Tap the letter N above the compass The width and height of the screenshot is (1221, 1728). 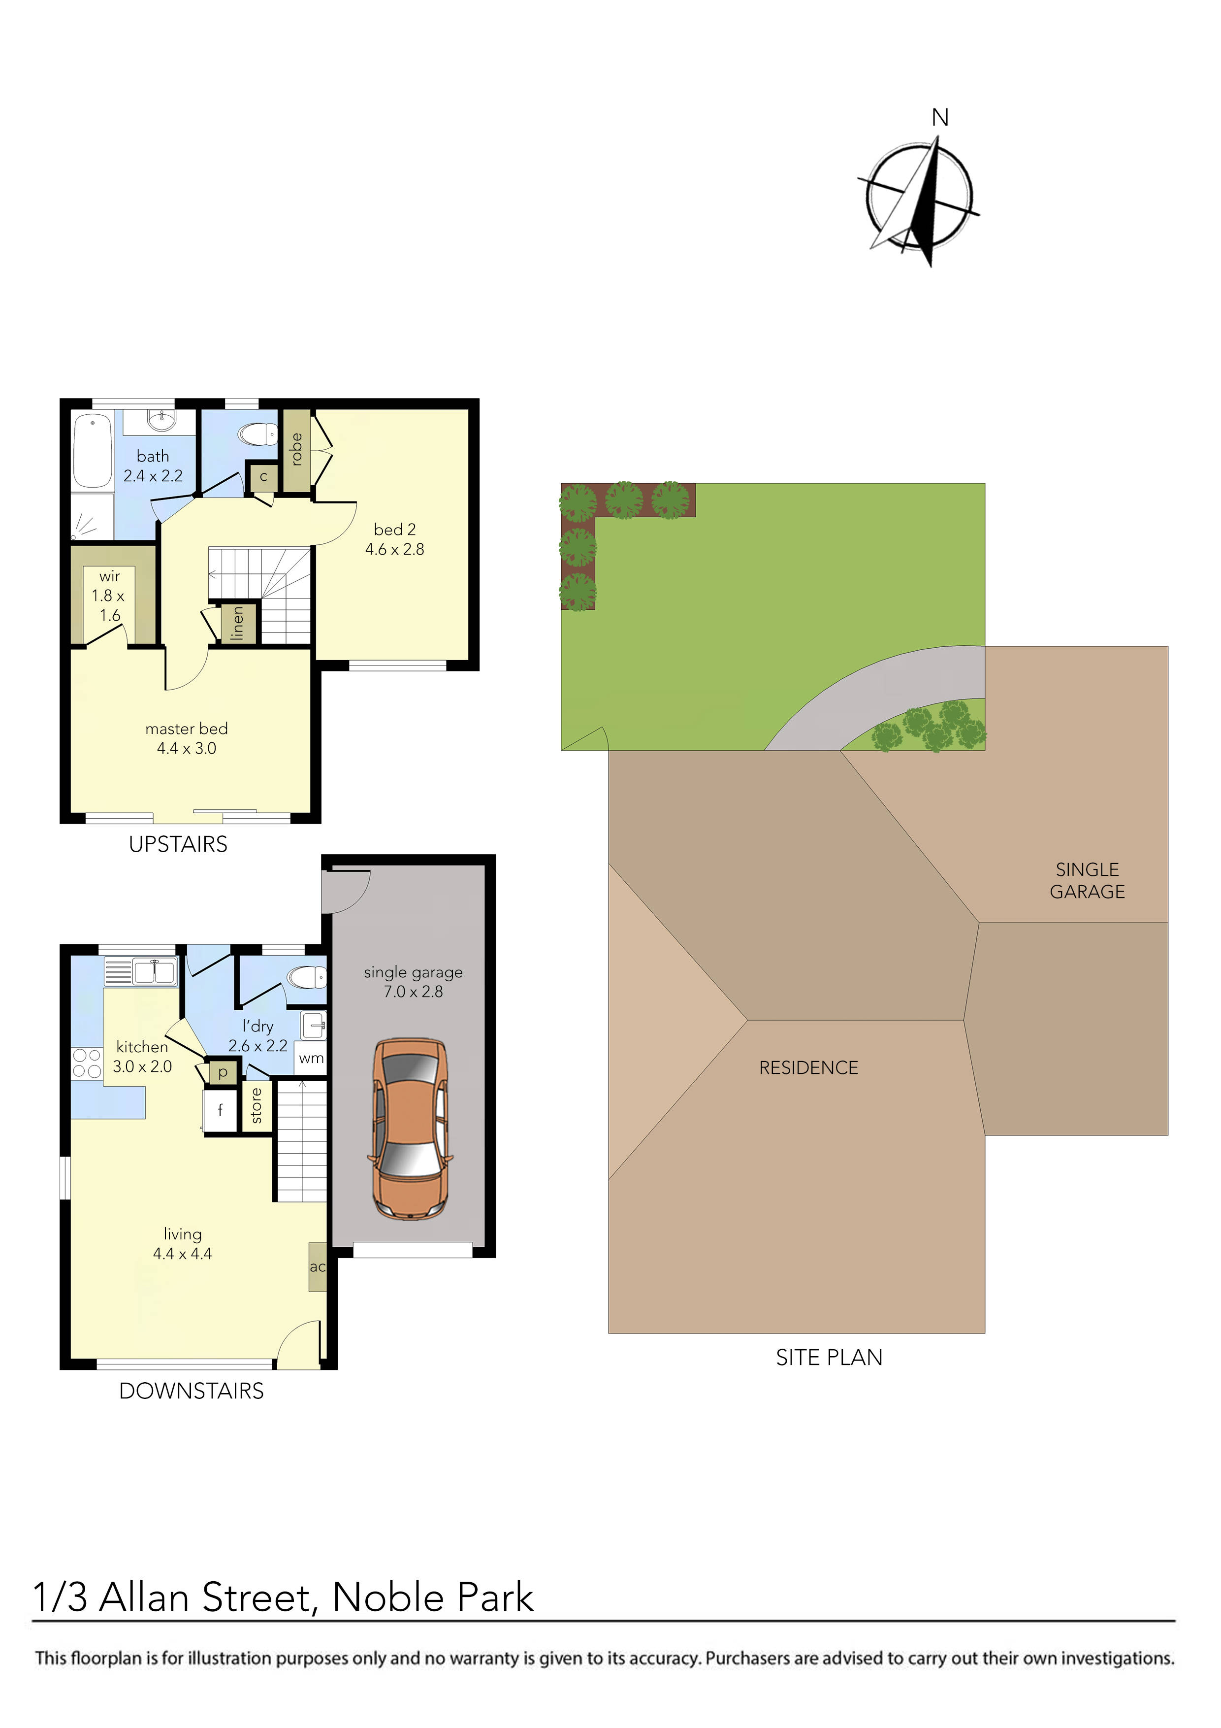coord(940,118)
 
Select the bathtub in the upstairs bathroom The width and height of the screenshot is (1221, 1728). coord(93,452)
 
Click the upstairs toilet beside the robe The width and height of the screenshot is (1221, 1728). coord(257,434)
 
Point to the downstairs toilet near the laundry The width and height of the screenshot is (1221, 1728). coord(307,978)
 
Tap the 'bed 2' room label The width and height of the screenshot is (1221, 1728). coord(394,530)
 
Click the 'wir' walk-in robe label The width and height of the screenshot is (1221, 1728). coord(110,576)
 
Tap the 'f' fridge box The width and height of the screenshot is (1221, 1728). coord(221,1110)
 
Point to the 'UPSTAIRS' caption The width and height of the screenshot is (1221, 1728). coord(178,844)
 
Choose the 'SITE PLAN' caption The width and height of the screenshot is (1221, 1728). coord(829,1358)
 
